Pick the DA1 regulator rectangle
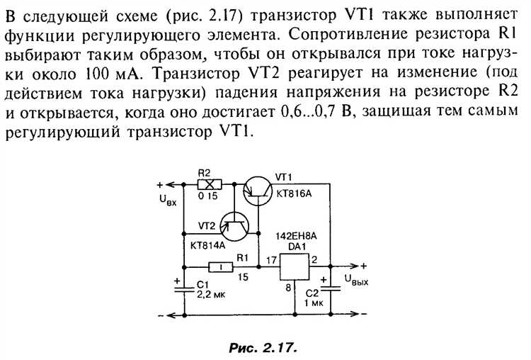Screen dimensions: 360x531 296,267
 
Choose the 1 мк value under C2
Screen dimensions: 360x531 312,303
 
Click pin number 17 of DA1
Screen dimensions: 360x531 270,261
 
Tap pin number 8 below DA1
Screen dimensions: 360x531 289,288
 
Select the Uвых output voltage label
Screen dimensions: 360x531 358,282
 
